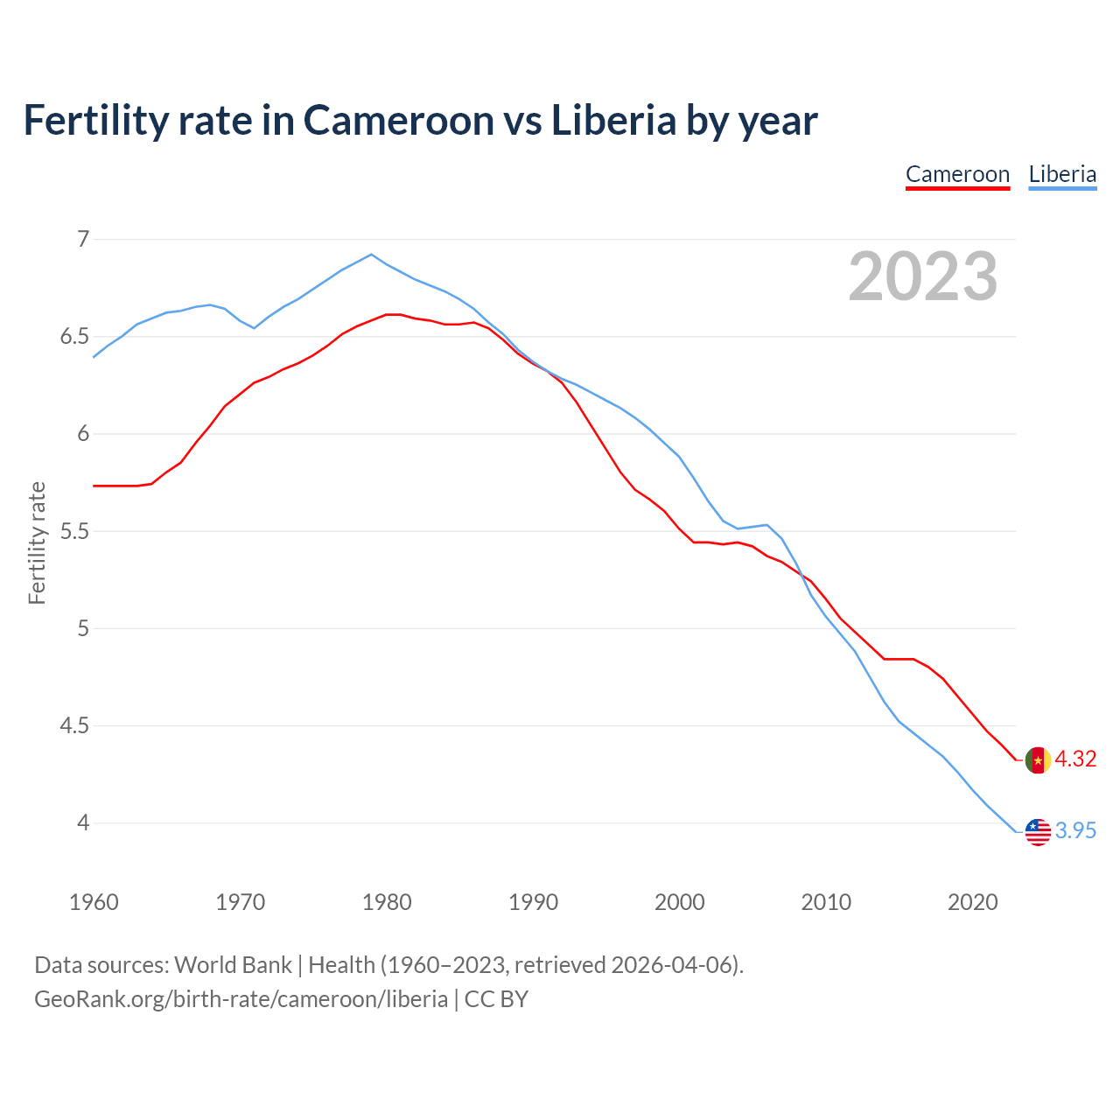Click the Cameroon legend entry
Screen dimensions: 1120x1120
pos(957,174)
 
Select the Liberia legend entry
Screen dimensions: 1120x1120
pos(1062,174)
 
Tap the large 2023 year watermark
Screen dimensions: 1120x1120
pos(922,276)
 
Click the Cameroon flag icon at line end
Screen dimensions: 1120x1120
pos(1038,759)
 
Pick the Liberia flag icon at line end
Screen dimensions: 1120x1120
pos(1038,831)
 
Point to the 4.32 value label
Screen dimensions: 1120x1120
pos(1075,759)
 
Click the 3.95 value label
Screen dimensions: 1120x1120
pos(1075,830)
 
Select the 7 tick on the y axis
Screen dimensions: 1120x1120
pos(84,239)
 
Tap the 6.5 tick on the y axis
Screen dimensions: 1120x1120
pos(75,337)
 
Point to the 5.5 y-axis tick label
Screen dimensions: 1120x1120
pos(75,531)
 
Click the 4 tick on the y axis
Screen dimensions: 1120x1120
pos(84,822)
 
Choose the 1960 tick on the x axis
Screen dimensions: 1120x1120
pos(94,902)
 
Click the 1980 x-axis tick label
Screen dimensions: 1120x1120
pos(387,902)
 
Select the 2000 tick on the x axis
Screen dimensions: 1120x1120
pos(679,902)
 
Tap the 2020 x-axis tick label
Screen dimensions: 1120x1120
pos(972,902)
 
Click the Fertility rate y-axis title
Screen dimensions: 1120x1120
pos(37,542)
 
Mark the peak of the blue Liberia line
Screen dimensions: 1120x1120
pos(372,255)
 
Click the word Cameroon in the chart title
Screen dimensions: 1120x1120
pos(399,120)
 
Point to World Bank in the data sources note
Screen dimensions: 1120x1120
pos(233,964)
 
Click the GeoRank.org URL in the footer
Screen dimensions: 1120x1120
pos(241,998)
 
